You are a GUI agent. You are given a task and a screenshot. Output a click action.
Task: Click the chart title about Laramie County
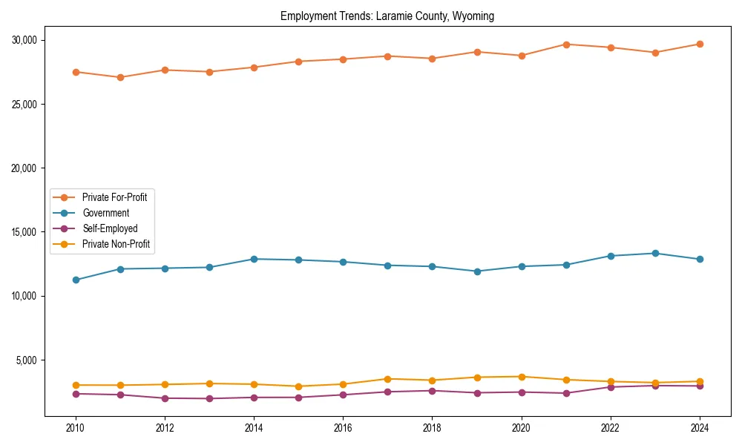(x=387, y=16)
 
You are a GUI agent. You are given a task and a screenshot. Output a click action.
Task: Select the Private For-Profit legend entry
(x=114, y=197)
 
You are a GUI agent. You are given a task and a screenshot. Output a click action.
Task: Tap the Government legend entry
(x=105, y=213)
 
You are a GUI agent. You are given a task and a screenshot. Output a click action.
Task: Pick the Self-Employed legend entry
(x=110, y=228)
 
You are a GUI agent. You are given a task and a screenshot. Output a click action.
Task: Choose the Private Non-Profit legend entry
(x=116, y=244)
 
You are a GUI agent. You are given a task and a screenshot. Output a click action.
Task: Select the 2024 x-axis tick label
(x=700, y=428)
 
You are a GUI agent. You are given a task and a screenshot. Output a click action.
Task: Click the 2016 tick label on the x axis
(x=343, y=428)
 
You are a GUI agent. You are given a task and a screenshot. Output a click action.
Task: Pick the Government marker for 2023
(x=655, y=253)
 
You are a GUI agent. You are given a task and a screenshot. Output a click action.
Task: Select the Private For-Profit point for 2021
(x=566, y=44)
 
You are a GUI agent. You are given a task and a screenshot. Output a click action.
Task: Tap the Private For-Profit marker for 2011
(x=120, y=77)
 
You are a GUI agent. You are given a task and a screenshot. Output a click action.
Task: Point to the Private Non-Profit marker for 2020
(x=522, y=377)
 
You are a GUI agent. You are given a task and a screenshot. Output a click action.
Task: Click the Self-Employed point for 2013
(x=209, y=398)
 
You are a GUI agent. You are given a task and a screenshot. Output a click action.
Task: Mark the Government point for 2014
(x=254, y=259)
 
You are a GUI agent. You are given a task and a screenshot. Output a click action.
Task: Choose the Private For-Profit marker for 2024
(x=700, y=44)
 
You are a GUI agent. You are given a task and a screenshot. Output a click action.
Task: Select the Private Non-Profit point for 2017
(x=387, y=379)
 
